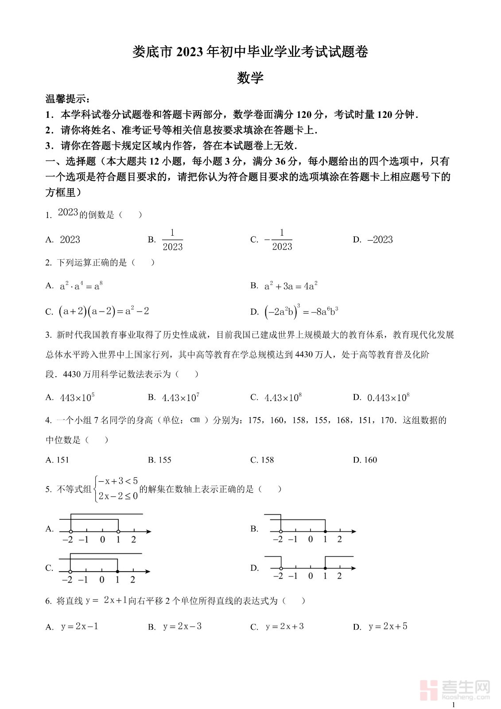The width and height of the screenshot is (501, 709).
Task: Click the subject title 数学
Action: pos(250,78)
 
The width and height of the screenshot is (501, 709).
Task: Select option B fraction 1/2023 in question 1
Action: pos(172,240)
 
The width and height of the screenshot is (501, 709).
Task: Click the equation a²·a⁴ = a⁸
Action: pos(81,286)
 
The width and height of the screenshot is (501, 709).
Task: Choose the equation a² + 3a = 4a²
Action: pos(291,286)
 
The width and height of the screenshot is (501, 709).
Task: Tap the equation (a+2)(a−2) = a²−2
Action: pos(103,311)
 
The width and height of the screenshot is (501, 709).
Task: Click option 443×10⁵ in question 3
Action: pos(77,397)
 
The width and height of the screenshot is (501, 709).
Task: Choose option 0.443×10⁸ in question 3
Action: pos(388,397)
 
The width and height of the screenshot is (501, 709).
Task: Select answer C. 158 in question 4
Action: pos(262,460)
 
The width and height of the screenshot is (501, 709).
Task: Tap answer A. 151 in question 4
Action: pos(57,460)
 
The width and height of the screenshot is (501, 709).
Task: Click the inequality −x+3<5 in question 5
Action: pos(118,481)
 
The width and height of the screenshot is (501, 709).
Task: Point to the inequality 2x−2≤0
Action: pos(118,496)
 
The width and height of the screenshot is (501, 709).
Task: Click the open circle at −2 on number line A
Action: pos(71,531)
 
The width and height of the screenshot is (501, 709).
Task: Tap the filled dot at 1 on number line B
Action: pos(325,531)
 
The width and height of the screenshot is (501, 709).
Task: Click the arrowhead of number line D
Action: pos(353,568)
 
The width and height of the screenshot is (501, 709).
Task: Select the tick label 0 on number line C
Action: pos(102,580)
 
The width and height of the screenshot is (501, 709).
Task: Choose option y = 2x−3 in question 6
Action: pos(182,626)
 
